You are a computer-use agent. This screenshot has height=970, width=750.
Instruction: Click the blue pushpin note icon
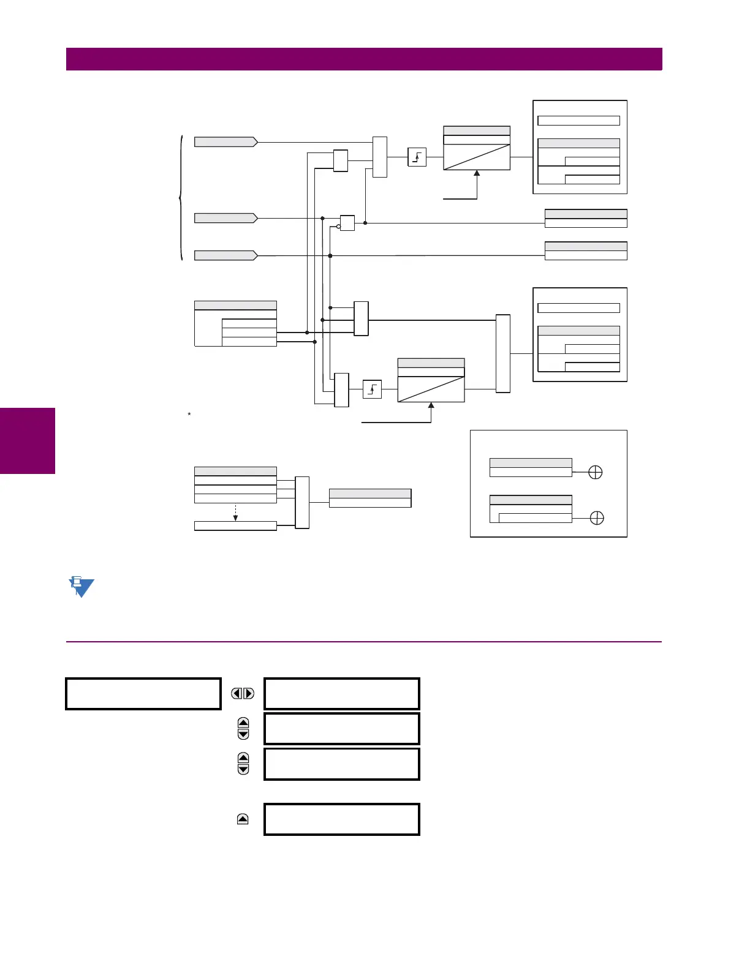pyautogui.click(x=80, y=587)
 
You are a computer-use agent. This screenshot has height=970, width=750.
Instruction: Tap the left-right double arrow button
pyautogui.click(x=243, y=693)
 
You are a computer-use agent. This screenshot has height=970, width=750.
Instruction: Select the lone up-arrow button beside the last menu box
pyautogui.click(x=243, y=819)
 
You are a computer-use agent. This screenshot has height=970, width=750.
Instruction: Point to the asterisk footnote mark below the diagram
pyautogui.click(x=189, y=415)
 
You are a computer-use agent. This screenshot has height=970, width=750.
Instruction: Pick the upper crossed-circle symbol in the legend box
pyautogui.click(x=595, y=472)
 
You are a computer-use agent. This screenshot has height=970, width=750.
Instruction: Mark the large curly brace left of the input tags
pyautogui.click(x=181, y=198)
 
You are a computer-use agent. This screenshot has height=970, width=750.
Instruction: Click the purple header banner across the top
pyautogui.click(x=364, y=59)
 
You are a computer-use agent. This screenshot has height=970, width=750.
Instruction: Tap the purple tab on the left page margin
pyautogui.click(x=28, y=440)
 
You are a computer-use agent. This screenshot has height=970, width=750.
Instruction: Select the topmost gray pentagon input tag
pyautogui.click(x=225, y=142)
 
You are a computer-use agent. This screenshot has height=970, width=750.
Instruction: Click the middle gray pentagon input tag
pyautogui.click(x=225, y=218)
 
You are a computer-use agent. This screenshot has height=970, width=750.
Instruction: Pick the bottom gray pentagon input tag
pyautogui.click(x=225, y=255)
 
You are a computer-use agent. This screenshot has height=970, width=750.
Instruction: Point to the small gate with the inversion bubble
pyautogui.click(x=347, y=223)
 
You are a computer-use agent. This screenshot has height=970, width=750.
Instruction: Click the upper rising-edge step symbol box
pyautogui.click(x=417, y=157)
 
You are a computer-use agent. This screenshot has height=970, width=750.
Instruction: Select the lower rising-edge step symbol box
pyautogui.click(x=372, y=389)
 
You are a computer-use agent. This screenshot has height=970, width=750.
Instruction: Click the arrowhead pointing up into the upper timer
pyautogui.click(x=477, y=174)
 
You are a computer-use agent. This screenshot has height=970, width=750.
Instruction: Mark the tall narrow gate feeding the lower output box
pyautogui.click(x=502, y=353)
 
